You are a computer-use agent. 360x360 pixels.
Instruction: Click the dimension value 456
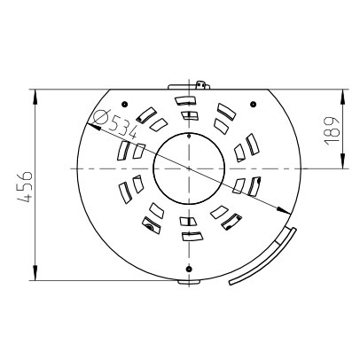25,186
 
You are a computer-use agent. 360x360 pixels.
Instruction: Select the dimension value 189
331,130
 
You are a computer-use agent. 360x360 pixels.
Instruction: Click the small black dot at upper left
124,104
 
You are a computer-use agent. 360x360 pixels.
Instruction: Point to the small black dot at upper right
253,104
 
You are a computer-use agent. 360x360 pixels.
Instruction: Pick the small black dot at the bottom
189,269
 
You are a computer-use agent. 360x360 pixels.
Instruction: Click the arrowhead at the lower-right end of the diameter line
285,211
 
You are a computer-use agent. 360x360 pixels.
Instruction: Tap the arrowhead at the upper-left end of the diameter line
91,127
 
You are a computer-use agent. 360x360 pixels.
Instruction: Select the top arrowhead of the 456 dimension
35,97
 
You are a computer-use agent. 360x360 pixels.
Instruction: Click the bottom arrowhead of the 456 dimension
35,272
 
